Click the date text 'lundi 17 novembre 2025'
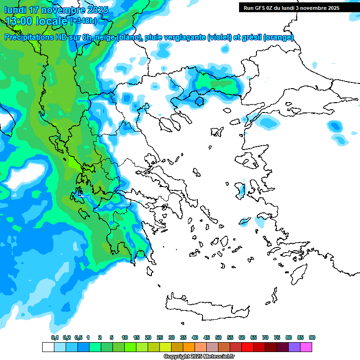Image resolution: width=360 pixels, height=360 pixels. pyautogui.click(x=56, y=10)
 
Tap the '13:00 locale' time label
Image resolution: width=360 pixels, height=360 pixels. pyautogui.click(x=37, y=21)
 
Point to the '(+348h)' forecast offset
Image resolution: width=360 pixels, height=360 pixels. pyautogui.click(x=83, y=21)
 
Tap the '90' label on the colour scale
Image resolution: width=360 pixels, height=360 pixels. pyautogui.click(x=312, y=337)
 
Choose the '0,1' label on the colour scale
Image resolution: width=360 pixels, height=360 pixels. pyautogui.click(x=54, y=337)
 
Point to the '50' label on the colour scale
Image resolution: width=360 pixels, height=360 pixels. pyautogui.click(x=218, y=337)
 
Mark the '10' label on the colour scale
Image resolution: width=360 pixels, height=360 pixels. pyautogui.click(x=125, y=337)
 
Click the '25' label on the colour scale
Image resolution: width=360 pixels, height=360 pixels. pyautogui.click(x=160, y=337)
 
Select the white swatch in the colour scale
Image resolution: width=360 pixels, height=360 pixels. pyautogui.click(x=48, y=347)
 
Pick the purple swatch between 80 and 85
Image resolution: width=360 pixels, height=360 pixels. pyautogui.click(x=294, y=347)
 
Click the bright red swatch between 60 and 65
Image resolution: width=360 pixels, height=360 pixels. pyautogui.click(x=247, y=347)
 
